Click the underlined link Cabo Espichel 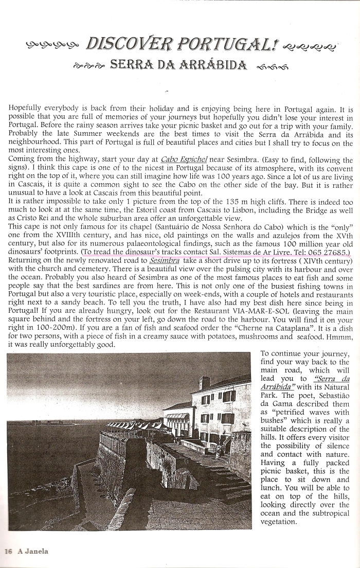[184, 159]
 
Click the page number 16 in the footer [8, 551]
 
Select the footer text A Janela [33, 551]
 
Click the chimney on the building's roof [204, 382]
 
